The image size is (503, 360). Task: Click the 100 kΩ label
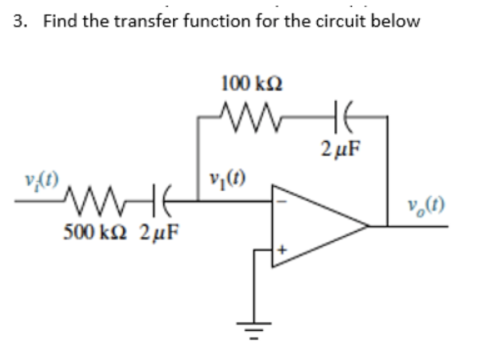252,83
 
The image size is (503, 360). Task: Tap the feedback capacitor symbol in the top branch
343,116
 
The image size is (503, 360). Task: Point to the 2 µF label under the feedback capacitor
341,148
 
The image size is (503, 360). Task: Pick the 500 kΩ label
95,232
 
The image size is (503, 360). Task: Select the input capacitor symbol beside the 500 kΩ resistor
162,200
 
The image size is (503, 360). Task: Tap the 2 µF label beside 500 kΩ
159,232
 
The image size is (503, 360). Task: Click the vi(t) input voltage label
42,181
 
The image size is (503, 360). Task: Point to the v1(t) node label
227,179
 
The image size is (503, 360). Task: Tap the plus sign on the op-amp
282,249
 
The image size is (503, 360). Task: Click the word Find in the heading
60,21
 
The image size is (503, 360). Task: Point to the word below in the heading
395,21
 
